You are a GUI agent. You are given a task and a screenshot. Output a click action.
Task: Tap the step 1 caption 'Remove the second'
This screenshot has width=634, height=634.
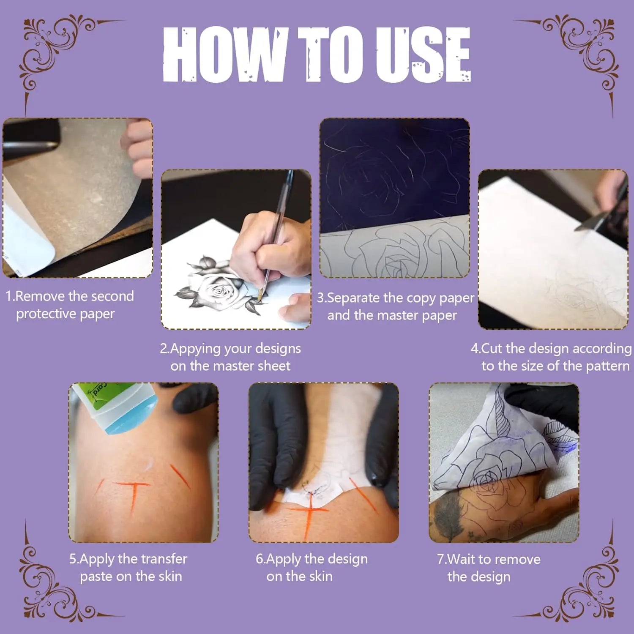pyautogui.click(x=70, y=296)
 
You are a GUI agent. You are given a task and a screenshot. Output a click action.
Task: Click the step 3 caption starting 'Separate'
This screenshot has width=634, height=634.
pyautogui.click(x=396, y=298)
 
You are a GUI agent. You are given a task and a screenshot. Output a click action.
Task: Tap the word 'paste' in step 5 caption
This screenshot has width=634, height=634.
pyautogui.click(x=96, y=577)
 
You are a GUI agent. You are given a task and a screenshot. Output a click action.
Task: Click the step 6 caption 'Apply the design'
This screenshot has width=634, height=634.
pyautogui.click(x=312, y=559)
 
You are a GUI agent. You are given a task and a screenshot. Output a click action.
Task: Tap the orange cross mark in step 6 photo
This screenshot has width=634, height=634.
pyautogui.click(x=311, y=514)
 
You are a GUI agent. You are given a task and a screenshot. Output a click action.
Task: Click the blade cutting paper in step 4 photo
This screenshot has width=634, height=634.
pyautogui.click(x=590, y=224)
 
